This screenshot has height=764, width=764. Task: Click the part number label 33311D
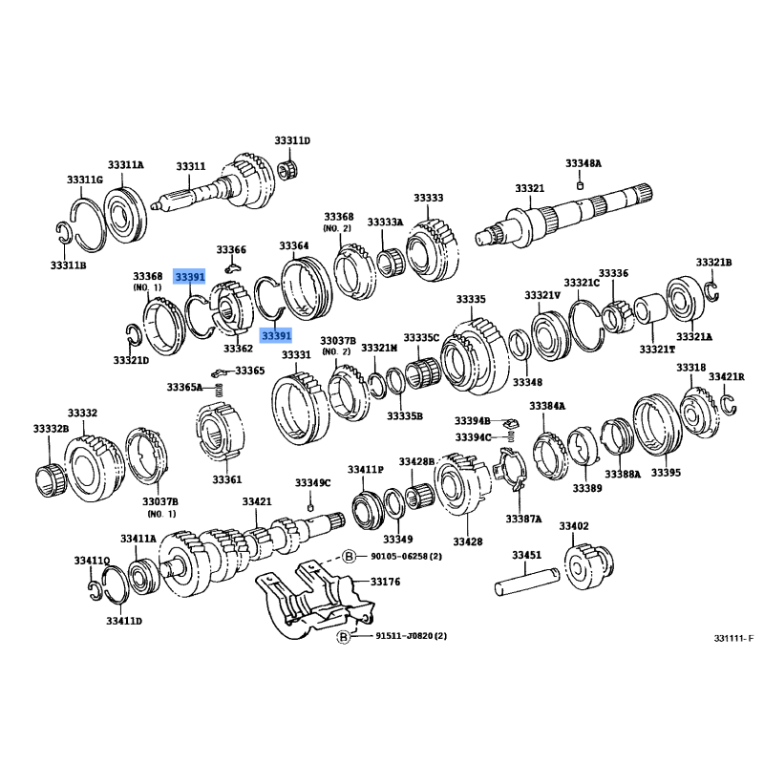click(x=292, y=140)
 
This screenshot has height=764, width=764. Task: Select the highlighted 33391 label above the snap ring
click(x=189, y=277)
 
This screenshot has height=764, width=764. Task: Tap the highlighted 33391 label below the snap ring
click(x=276, y=335)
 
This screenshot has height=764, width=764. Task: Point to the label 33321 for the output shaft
click(x=530, y=188)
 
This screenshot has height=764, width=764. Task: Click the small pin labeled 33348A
click(x=580, y=185)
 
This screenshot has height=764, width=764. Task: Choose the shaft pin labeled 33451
click(x=527, y=582)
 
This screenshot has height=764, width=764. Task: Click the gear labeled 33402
click(x=588, y=567)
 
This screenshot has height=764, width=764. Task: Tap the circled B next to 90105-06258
click(x=349, y=556)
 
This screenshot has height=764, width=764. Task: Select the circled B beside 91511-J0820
click(x=344, y=636)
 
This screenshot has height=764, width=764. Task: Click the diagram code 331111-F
click(x=733, y=638)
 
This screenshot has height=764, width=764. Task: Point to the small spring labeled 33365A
click(x=220, y=390)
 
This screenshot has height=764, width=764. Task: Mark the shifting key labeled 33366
click(x=233, y=267)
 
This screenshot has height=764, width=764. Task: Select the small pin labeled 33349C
click(x=310, y=508)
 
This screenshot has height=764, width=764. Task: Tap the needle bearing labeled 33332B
click(x=51, y=480)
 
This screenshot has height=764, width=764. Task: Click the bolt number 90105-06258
click(x=407, y=556)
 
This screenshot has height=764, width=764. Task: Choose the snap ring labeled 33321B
click(x=712, y=291)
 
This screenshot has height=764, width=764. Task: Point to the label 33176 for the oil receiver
click(x=385, y=582)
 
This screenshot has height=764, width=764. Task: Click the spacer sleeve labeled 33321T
click(x=650, y=308)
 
